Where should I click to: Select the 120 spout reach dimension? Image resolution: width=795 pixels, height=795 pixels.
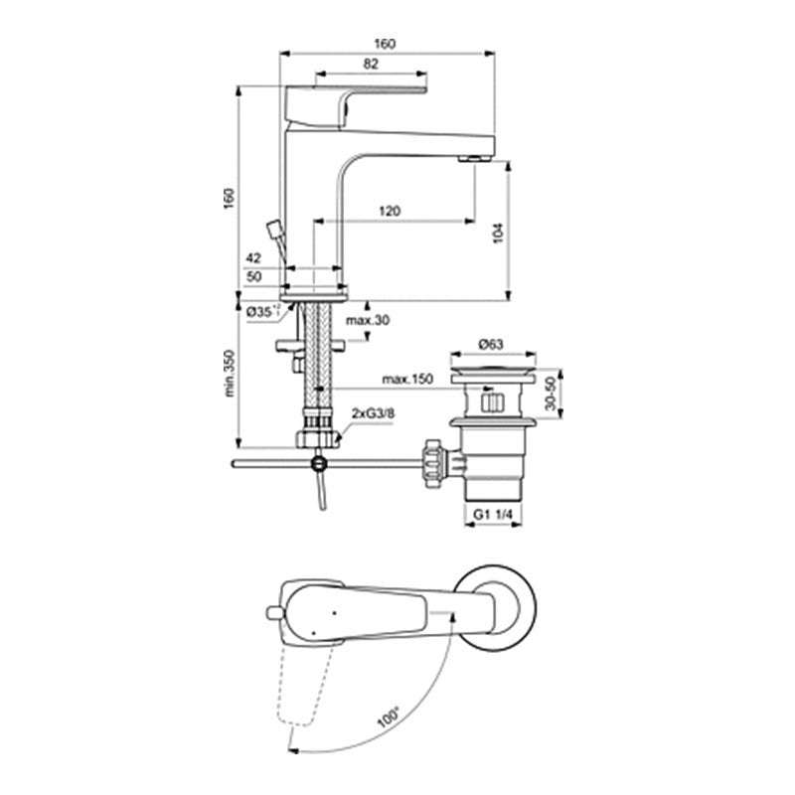[x=390, y=211]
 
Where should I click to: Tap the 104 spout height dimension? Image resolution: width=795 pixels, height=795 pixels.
[x=499, y=234]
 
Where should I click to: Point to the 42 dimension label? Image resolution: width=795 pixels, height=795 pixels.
[x=253, y=258]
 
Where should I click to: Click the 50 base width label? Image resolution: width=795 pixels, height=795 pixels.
[x=253, y=277]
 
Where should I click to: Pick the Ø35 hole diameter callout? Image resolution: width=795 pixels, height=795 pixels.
[x=262, y=312]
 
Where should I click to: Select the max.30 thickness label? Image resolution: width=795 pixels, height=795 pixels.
[x=368, y=320]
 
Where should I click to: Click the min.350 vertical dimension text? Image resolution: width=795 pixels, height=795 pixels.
[x=230, y=374]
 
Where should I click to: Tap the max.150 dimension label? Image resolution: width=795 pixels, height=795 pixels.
[x=407, y=379]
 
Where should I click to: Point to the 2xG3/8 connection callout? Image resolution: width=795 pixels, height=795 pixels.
[x=374, y=413]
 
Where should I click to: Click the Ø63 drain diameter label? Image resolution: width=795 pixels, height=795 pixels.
[x=491, y=344]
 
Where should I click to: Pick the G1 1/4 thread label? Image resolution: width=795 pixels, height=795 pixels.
[x=493, y=514]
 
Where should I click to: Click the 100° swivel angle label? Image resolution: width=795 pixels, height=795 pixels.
[x=389, y=717]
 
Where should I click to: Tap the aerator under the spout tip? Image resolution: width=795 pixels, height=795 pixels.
[x=475, y=159]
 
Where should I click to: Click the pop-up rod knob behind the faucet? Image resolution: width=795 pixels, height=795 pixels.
[x=275, y=229]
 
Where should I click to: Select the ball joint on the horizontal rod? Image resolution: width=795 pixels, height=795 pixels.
[x=319, y=463]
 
